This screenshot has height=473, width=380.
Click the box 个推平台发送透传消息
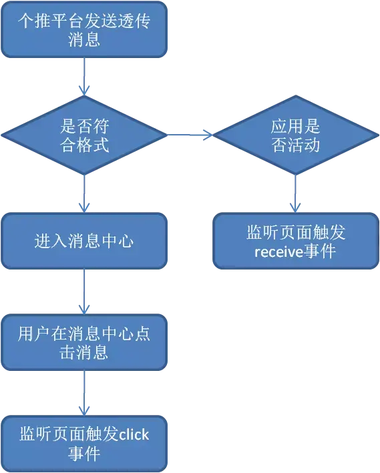(x=84, y=29)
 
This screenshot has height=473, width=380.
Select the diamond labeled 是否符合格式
(x=84, y=135)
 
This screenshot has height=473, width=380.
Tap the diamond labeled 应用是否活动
(x=296, y=135)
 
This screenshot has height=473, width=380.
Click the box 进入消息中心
(x=84, y=241)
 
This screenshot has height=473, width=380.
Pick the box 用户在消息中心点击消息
(x=84, y=342)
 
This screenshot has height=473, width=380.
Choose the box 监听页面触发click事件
(x=84, y=444)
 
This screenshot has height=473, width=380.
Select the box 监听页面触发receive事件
(x=296, y=241)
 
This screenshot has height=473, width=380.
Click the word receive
(x=278, y=252)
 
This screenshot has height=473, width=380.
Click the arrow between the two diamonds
(x=190, y=135)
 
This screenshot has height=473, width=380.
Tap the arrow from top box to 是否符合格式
(x=84, y=76)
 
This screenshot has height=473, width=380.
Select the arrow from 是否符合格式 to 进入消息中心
(x=84, y=193)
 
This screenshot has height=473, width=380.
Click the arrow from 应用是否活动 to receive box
(x=295, y=193)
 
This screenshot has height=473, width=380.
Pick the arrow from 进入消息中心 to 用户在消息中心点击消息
(x=84, y=292)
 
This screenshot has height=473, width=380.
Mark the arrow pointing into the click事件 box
(x=84, y=393)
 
